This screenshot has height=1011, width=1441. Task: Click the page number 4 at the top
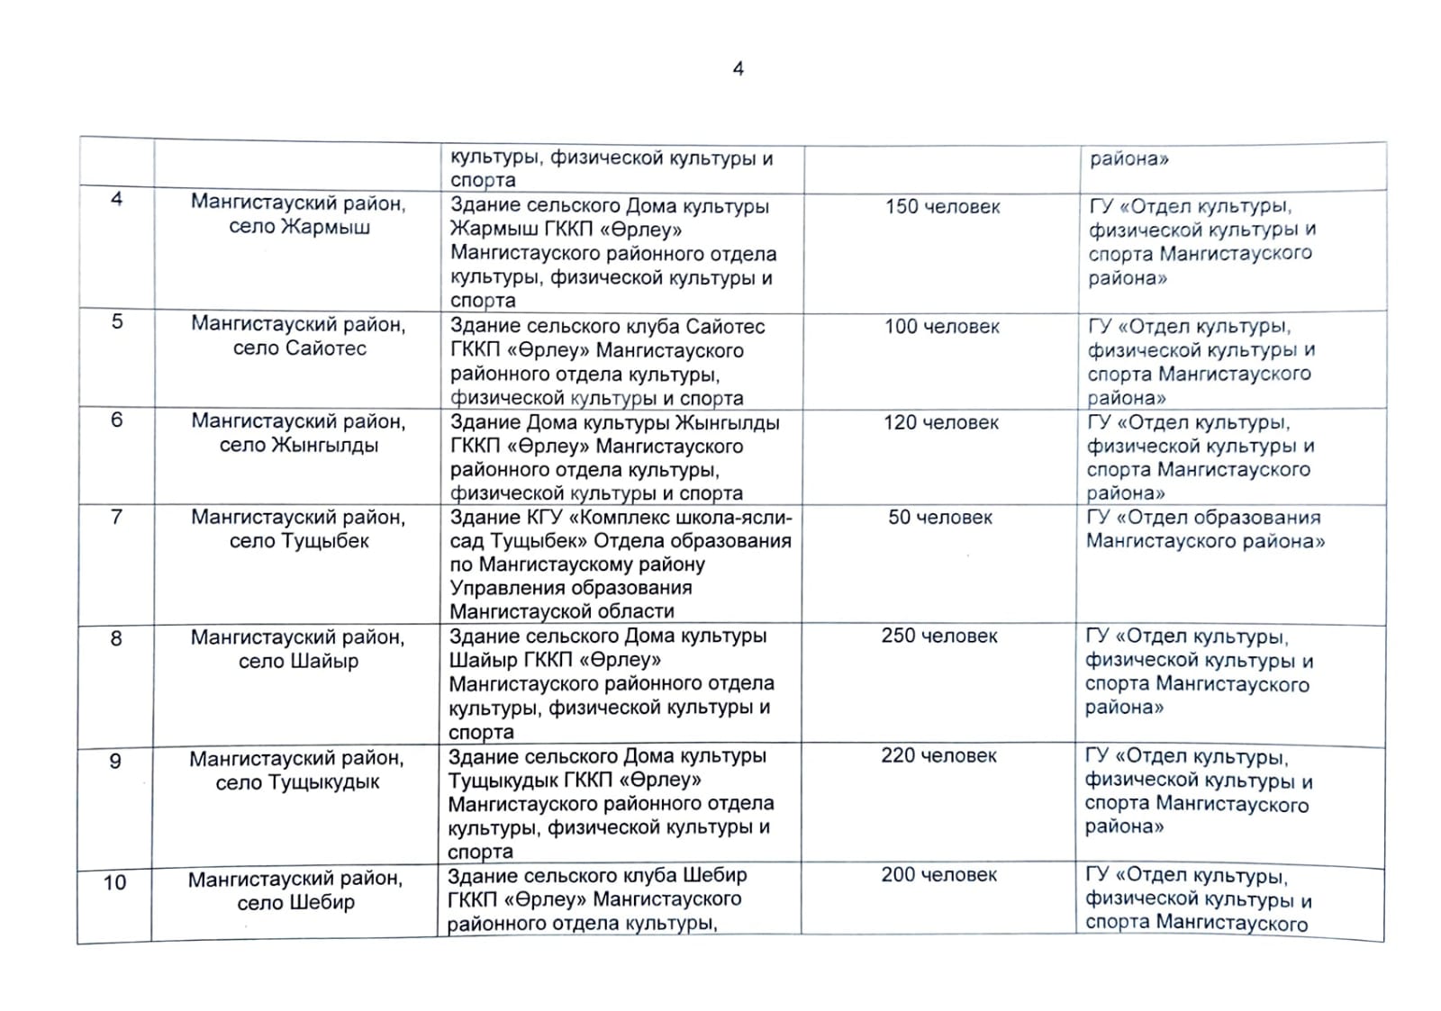click(739, 68)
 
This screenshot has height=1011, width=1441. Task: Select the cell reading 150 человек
click(942, 207)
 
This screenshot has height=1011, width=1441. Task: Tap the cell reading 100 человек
click(941, 327)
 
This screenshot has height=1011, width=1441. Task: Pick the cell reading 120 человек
click(940, 422)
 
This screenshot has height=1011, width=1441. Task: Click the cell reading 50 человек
click(940, 518)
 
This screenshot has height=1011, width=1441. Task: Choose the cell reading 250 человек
click(939, 636)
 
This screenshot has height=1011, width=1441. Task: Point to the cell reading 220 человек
click(938, 755)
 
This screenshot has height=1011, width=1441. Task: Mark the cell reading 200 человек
click(938, 874)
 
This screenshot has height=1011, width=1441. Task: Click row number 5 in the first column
click(117, 321)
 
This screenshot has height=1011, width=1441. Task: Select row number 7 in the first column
click(116, 517)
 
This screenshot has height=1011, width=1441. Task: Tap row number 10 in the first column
click(114, 882)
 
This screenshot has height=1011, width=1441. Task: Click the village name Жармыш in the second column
click(325, 227)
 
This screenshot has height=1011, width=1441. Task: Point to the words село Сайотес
click(299, 348)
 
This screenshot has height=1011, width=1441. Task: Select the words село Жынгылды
click(299, 445)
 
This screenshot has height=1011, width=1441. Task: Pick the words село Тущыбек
click(299, 541)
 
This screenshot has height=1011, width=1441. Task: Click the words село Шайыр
click(298, 662)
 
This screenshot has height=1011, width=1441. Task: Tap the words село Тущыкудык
click(297, 782)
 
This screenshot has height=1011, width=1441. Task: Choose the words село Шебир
click(295, 902)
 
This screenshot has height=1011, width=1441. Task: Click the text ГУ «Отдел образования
click(1203, 518)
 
